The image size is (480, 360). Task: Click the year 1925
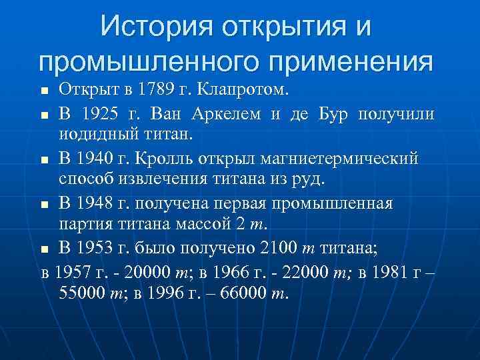(x=103, y=114)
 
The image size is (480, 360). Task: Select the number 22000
(x=306, y=271)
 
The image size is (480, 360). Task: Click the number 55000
(x=83, y=293)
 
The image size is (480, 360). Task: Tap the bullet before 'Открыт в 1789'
(x=44, y=91)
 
